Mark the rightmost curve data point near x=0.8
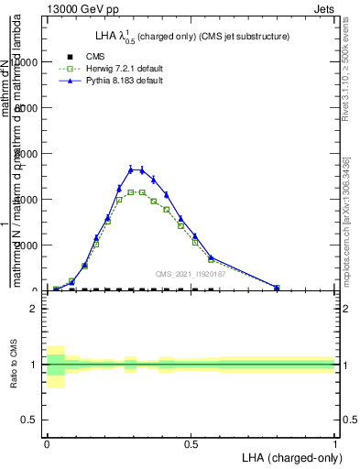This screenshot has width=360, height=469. [277, 287]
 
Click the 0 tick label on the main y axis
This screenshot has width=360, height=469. [33, 290]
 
